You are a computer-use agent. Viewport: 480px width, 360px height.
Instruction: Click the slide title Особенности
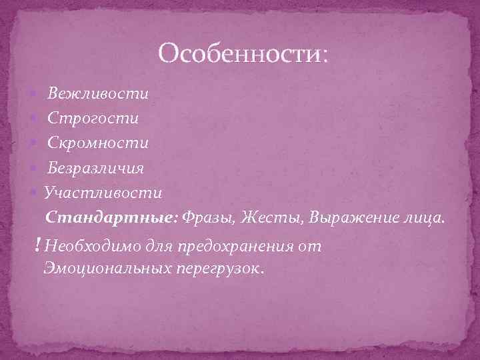[243, 53]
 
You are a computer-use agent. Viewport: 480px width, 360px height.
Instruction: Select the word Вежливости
[98, 93]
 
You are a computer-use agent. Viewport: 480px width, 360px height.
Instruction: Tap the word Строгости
[93, 118]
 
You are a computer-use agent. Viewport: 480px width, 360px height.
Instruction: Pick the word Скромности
[98, 143]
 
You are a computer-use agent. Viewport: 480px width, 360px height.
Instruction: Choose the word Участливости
[103, 193]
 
